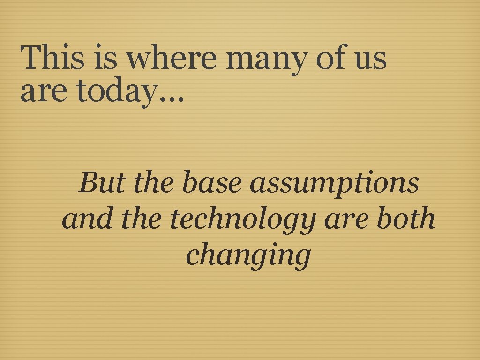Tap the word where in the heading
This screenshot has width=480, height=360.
coord(172,58)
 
